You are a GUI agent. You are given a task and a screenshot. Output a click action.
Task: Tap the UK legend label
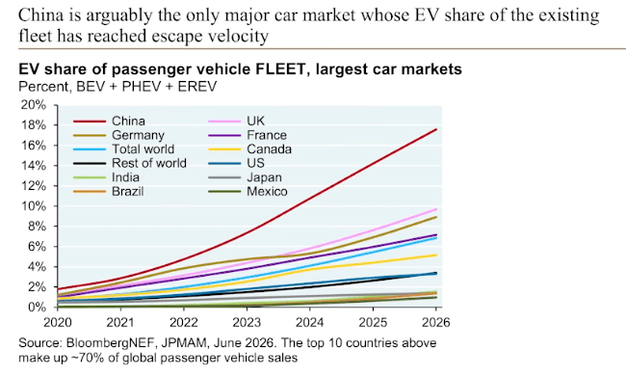255,121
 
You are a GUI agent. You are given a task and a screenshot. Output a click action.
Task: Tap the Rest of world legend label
149,163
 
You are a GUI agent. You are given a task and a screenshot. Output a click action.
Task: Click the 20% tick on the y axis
34,105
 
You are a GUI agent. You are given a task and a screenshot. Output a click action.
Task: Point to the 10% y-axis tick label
34,206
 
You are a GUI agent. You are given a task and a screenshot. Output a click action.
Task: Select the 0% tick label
37,307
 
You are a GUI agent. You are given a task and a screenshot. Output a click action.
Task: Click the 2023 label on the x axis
247,322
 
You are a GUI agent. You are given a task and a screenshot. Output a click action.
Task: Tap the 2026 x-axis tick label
435,322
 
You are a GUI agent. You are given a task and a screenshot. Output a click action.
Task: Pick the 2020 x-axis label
58,322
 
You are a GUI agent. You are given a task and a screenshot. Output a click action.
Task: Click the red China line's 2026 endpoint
435,129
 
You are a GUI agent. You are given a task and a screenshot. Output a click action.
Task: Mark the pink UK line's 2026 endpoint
435,209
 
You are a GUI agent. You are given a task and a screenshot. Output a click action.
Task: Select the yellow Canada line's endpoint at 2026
435,256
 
